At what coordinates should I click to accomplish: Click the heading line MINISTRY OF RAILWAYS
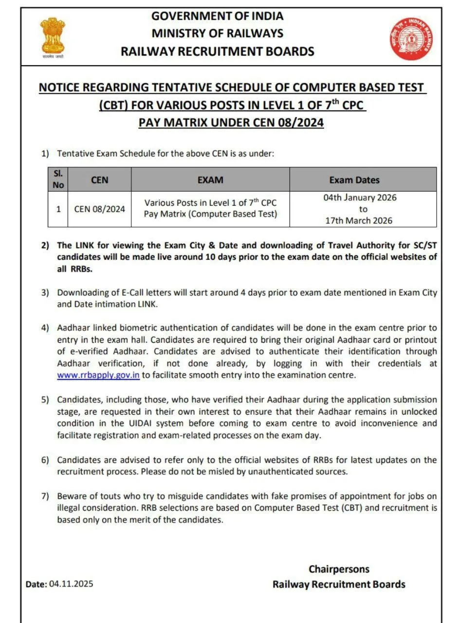217,33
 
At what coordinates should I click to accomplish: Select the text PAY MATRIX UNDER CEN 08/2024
231,122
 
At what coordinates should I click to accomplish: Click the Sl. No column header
58,179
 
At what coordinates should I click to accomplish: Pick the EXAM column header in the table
210,180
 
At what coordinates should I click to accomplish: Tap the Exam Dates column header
354,180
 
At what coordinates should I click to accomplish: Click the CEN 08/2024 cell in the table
99,209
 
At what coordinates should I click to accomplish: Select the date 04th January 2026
360,198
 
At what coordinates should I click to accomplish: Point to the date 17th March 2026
359,220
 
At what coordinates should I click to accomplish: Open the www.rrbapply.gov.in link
98,375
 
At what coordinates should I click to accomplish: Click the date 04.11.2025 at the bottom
71,584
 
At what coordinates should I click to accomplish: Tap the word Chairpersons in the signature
339,569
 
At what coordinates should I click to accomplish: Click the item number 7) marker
45,496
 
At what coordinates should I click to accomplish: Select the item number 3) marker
45,293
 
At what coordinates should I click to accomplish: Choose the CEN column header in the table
99,180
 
